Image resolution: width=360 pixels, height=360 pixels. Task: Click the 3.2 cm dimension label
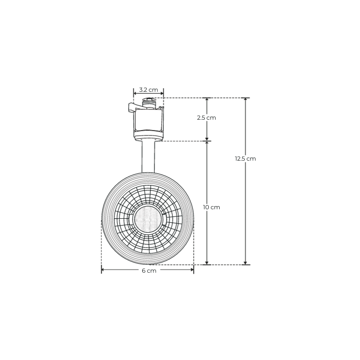148,90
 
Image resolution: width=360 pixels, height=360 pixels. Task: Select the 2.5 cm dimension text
207,118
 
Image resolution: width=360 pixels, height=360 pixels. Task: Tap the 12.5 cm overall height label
245,159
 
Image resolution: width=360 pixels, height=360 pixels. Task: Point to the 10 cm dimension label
211,207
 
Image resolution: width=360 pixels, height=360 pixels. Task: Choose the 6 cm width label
149,271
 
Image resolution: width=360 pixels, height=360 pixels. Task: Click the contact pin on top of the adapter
148,102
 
